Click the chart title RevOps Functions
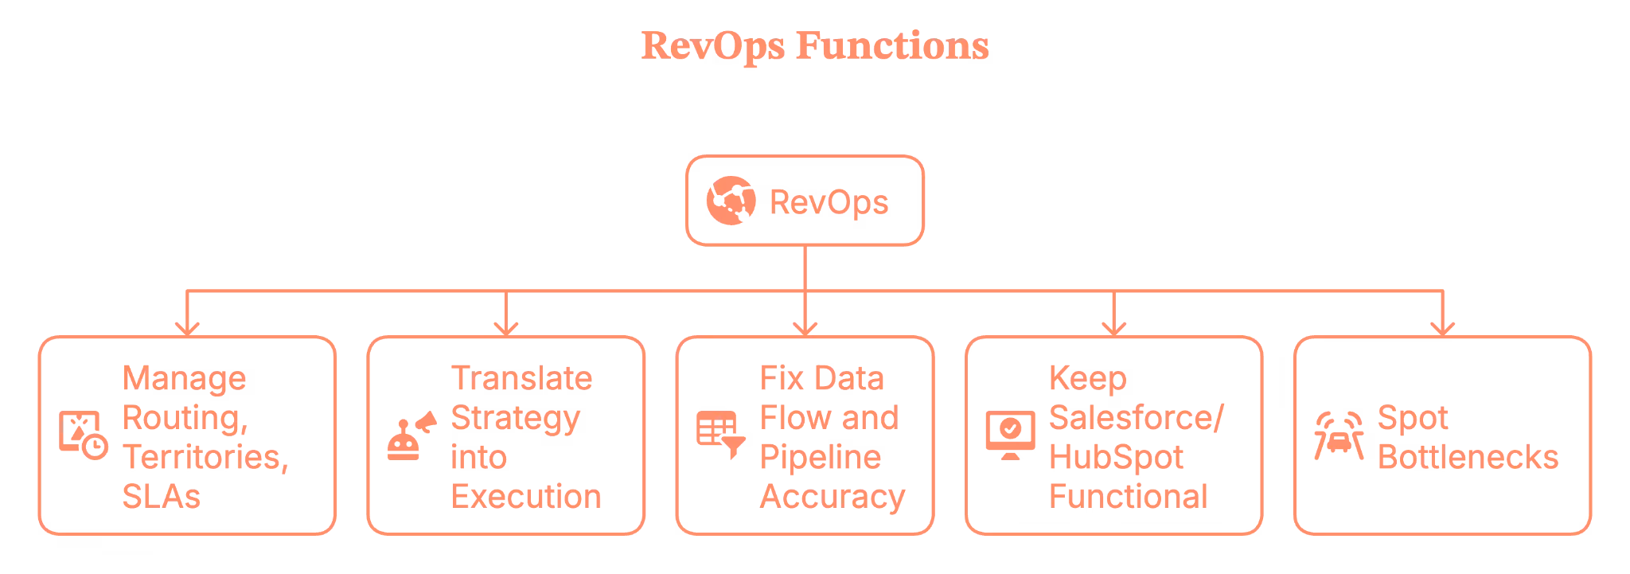click(814, 47)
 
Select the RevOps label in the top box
click(829, 202)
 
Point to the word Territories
click(205, 458)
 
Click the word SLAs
click(162, 497)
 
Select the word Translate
click(521, 379)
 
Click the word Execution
click(527, 497)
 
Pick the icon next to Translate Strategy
click(410, 438)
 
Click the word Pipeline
click(821, 458)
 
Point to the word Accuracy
click(833, 497)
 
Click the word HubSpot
click(1116, 458)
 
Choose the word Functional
click(1129, 497)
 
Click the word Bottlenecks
click(1467, 458)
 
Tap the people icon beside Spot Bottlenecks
click(1339, 437)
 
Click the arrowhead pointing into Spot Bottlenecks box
click(1442, 327)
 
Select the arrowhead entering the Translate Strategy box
click(506, 327)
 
